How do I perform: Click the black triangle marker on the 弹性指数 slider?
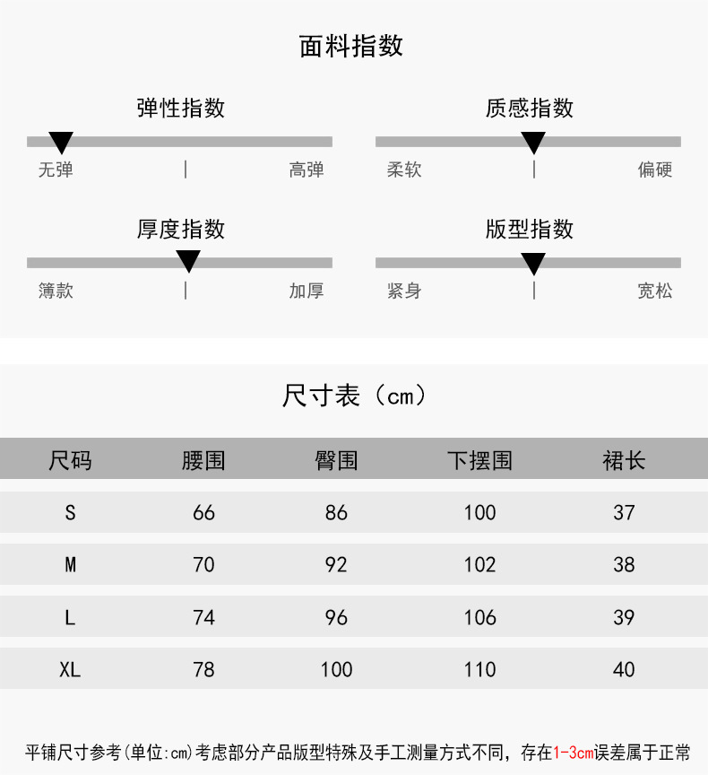61,142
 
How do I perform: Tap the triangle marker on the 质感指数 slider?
533,142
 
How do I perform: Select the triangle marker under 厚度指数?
188,261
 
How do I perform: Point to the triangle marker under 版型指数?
533,263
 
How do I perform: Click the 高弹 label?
307,170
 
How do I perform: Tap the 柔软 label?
404,170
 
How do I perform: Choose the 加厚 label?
307,291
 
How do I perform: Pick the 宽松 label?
655,291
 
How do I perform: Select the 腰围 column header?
203,461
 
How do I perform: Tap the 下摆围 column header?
479,461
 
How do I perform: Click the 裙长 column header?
624,461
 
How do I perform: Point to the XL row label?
70,669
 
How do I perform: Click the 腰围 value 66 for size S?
203,512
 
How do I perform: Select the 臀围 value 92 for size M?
336,565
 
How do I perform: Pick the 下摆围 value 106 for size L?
479,617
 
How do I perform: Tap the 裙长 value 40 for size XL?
624,669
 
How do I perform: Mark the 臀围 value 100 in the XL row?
336,669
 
